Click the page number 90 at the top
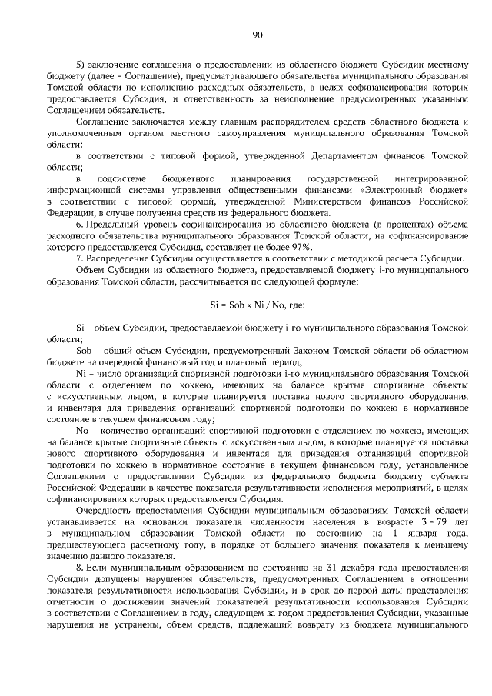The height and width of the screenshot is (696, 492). point(258,34)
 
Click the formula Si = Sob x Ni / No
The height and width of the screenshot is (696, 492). point(258,305)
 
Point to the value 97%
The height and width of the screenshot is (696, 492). point(301,246)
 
